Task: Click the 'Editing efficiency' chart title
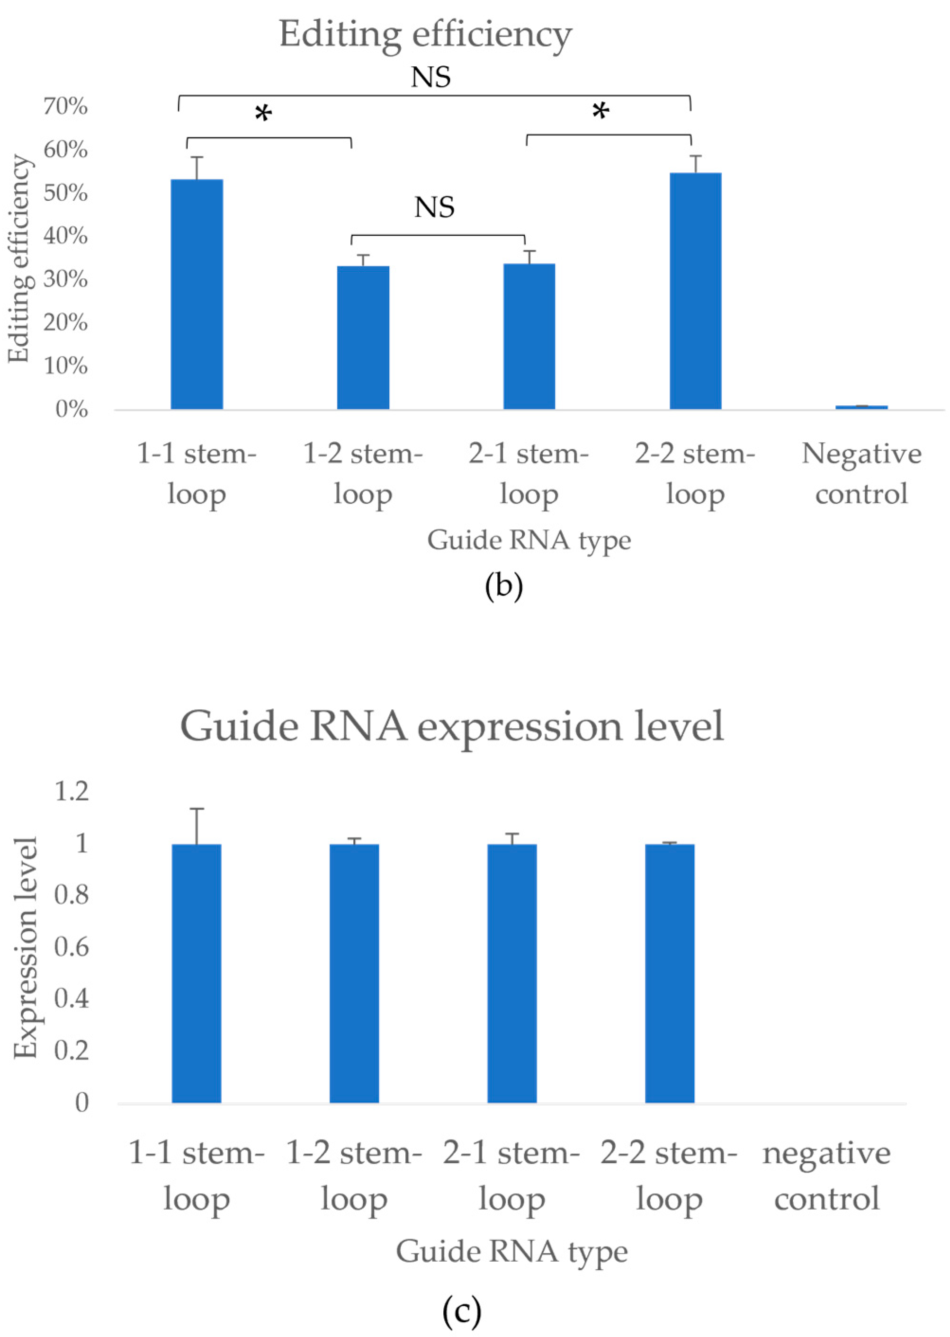[x=425, y=35]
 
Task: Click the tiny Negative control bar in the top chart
[x=861, y=407]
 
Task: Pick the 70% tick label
[x=65, y=107]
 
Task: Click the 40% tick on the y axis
[x=65, y=236]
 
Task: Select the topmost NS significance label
[x=431, y=77]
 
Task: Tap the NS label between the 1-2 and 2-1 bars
[x=434, y=207]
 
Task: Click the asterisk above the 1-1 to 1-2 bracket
[x=264, y=114]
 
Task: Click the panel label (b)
[x=504, y=586]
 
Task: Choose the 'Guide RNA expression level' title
[x=452, y=726]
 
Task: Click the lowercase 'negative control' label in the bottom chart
[x=826, y=1176]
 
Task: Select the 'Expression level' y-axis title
[x=26, y=947]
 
